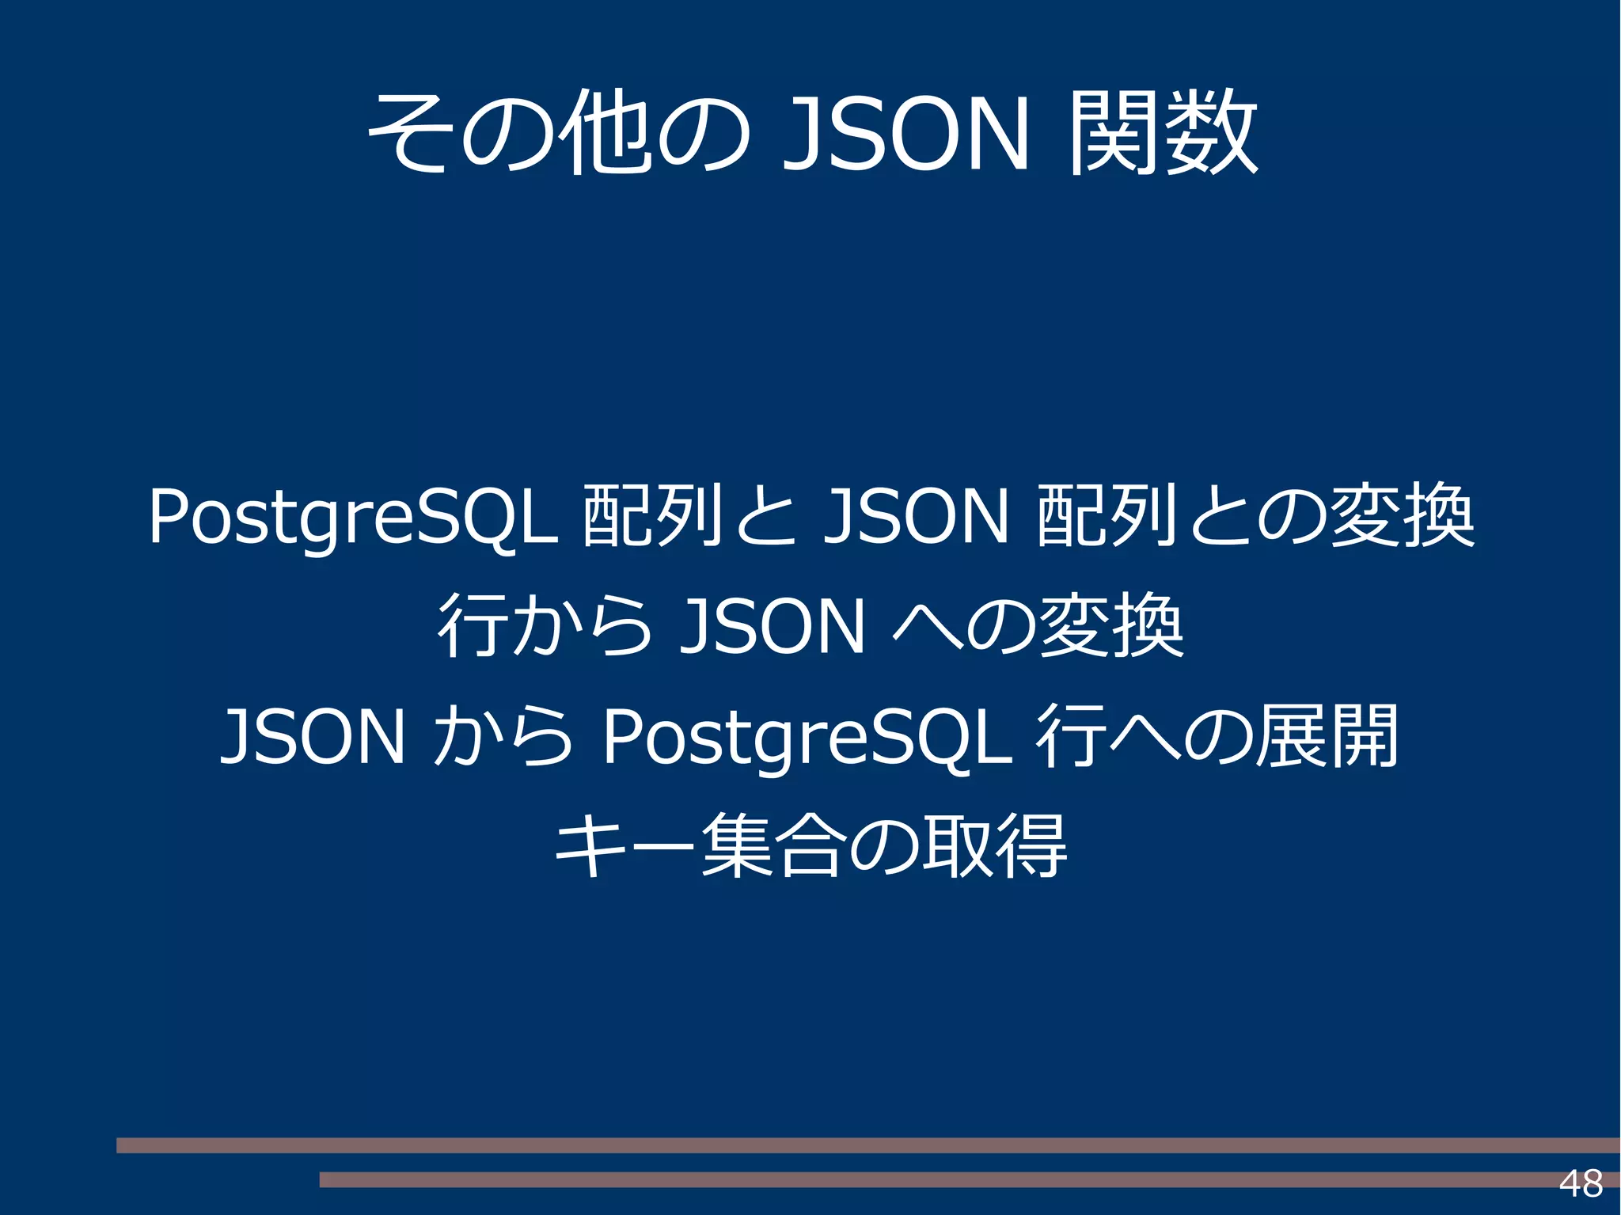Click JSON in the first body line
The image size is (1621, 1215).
click(x=916, y=516)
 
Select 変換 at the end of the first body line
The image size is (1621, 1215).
click(x=1402, y=516)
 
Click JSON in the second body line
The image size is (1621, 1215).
click(x=772, y=627)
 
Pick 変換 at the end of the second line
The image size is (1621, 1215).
click(x=1111, y=627)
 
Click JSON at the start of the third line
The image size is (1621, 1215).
click(x=313, y=737)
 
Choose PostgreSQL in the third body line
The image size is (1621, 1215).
click(x=807, y=737)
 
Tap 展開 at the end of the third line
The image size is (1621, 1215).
click(x=1328, y=737)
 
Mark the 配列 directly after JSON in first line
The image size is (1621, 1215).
click(x=1107, y=516)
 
